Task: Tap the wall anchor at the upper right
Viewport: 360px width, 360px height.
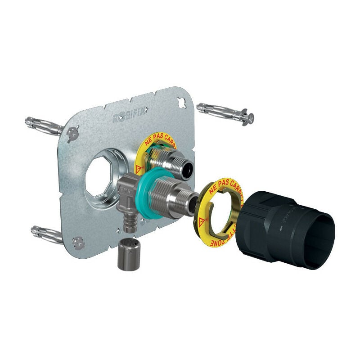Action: point(225,113)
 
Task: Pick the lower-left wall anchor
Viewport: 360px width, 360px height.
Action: point(46,233)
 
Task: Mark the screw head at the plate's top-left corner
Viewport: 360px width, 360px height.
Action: point(72,133)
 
